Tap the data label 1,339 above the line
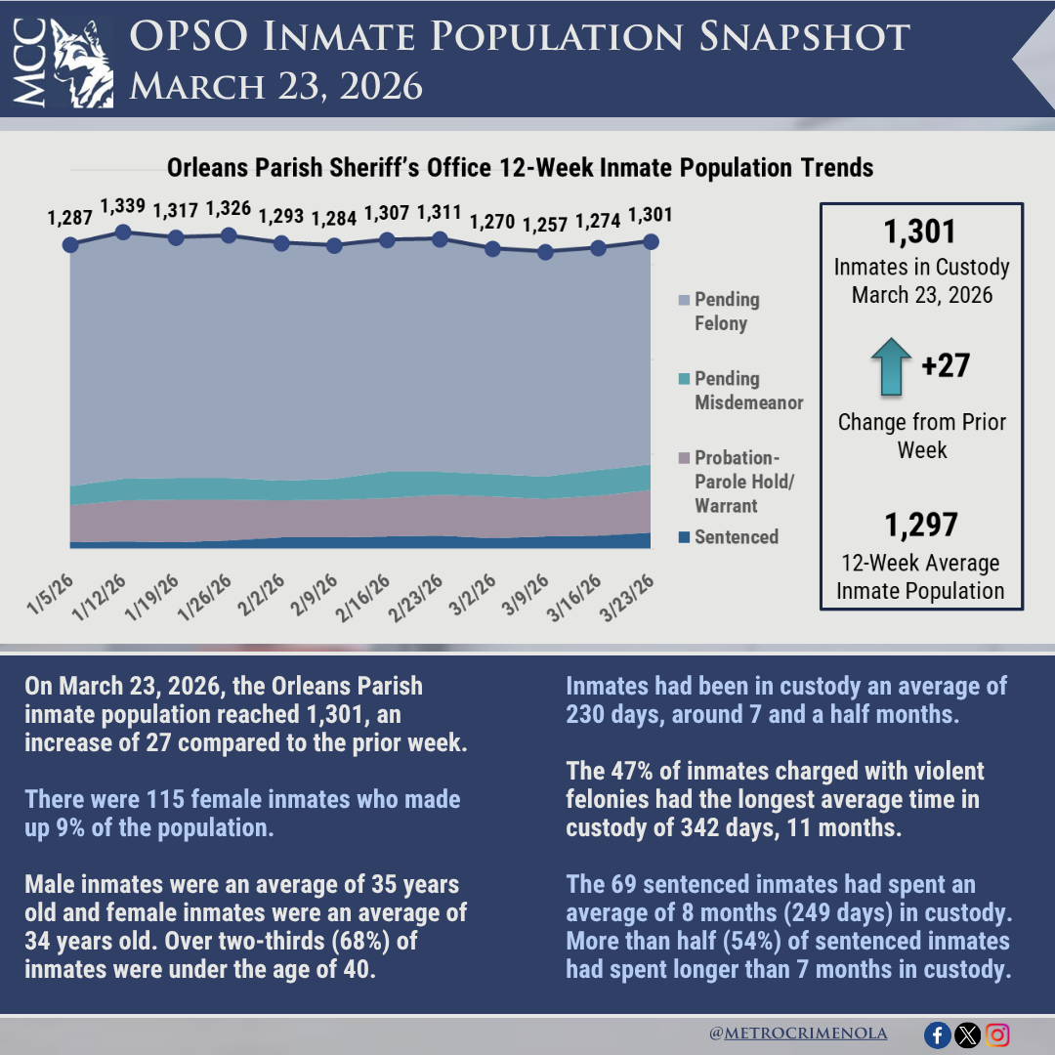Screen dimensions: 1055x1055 coord(123,206)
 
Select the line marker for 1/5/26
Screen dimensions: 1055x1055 coord(70,244)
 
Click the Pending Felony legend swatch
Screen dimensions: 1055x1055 coord(684,300)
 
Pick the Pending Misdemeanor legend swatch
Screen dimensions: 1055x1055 coord(684,379)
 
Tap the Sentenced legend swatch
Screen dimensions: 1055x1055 coord(684,537)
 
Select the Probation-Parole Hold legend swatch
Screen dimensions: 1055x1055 coord(684,458)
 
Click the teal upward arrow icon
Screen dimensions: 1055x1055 coord(889,367)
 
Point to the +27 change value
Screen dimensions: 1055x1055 coord(946,366)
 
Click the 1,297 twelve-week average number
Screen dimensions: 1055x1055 coord(920,526)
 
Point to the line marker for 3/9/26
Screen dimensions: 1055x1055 coord(545,252)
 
